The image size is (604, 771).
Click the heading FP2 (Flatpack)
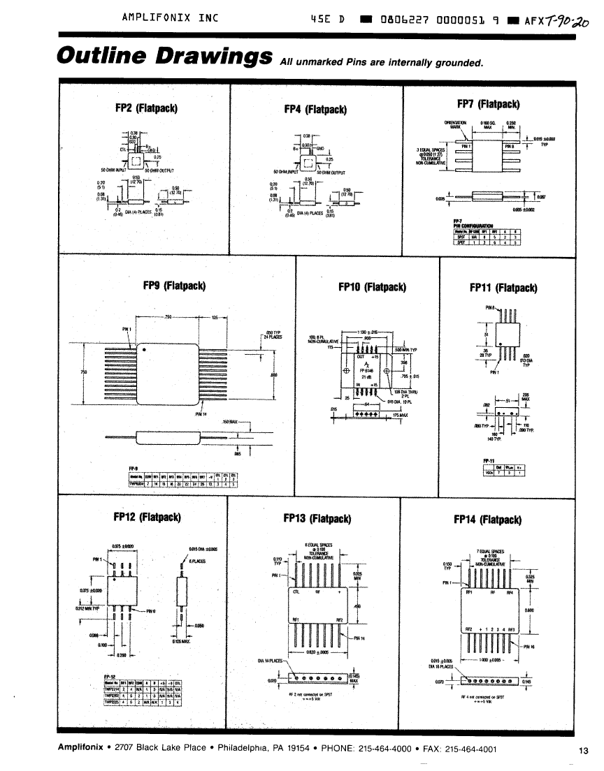[x=145, y=108]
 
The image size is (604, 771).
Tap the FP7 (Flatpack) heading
[x=488, y=105]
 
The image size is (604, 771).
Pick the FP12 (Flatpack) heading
[x=147, y=517]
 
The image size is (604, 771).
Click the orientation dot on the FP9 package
[x=144, y=351]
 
